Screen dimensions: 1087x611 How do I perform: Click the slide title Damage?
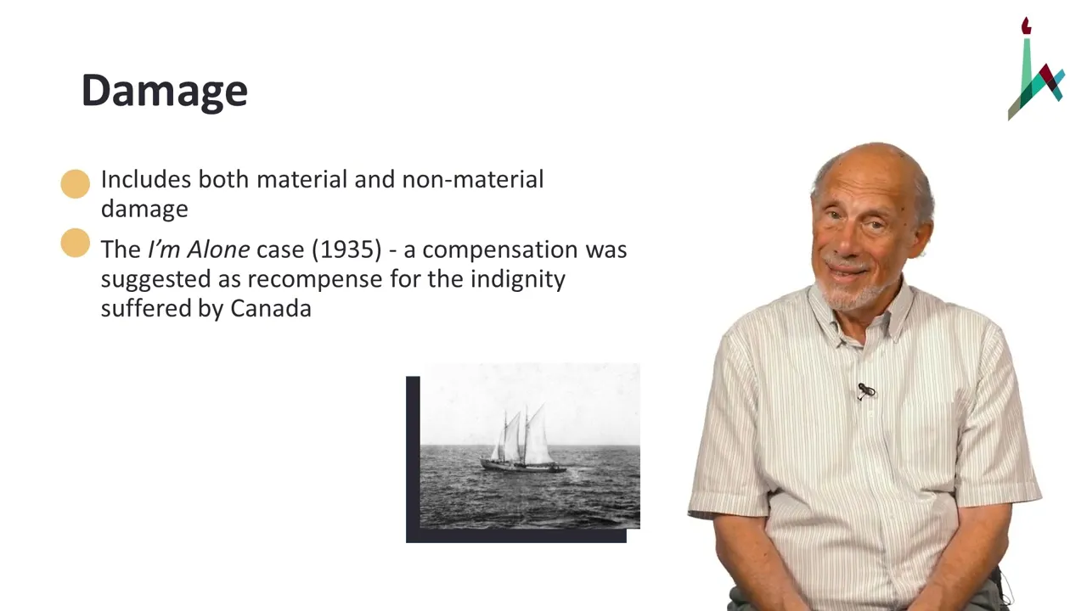point(165,91)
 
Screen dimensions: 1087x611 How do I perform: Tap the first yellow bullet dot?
point(76,184)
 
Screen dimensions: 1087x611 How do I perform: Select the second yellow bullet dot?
point(76,243)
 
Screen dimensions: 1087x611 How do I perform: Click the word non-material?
point(473,179)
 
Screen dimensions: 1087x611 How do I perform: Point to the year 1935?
point(347,249)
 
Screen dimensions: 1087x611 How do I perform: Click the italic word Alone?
point(218,249)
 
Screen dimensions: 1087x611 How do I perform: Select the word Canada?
point(271,308)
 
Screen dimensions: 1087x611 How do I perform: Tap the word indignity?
point(518,280)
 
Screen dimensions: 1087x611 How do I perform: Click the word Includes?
point(146,179)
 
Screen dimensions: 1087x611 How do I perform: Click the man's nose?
point(850,240)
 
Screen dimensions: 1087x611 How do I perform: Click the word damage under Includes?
point(144,210)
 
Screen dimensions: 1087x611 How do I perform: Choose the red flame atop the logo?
point(1026,25)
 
